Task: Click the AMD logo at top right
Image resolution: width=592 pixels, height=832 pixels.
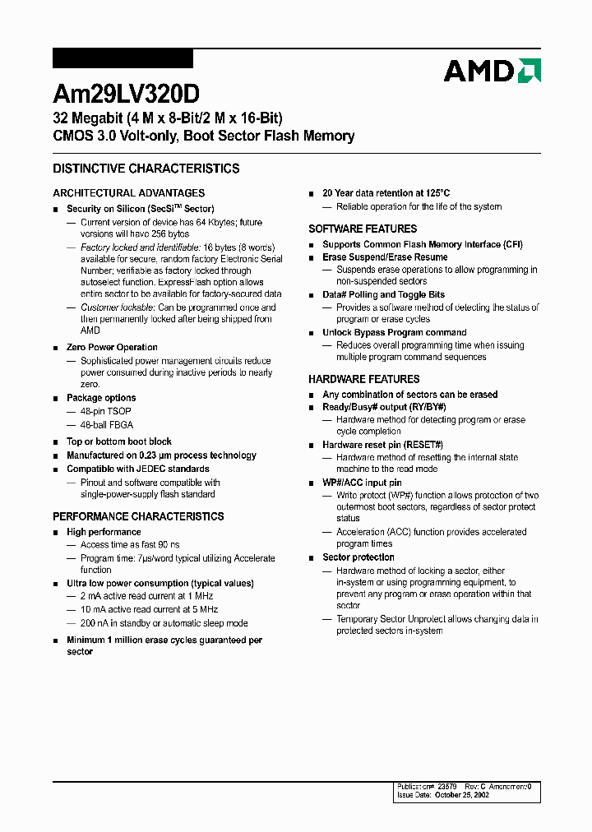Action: [x=492, y=71]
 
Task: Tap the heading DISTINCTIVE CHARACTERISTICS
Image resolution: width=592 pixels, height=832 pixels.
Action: [x=146, y=169]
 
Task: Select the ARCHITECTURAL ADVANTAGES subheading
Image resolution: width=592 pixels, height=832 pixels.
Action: [x=128, y=193]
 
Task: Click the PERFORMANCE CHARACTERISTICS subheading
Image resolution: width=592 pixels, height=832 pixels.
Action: [x=138, y=516]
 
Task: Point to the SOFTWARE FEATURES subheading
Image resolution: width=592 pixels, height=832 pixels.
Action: [x=363, y=229]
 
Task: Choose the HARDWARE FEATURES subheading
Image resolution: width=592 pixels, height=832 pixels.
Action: [x=363, y=379]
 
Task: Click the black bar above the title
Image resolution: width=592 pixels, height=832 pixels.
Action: [x=123, y=58]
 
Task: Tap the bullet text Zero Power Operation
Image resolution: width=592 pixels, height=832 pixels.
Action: [x=112, y=347]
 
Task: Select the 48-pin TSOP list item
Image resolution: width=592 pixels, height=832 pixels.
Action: [x=105, y=411]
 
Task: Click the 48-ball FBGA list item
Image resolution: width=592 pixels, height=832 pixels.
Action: [x=105, y=425]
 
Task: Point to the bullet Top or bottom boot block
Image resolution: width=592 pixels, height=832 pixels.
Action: [x=118, y=441]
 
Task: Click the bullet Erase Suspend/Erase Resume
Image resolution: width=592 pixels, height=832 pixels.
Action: [x=385, y=257]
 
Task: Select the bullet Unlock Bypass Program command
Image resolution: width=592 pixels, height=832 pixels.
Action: [x=394, y=333]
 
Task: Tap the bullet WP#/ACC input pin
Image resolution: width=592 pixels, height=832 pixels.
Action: [x=362, y=483]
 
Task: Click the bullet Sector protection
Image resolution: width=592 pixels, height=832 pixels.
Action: [x=358, y=557]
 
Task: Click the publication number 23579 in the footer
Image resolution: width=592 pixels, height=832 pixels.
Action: [x=447, y=786]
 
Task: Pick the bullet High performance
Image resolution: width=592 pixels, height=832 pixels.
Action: [x=104, y=532]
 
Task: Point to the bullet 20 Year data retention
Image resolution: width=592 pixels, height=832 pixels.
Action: [x=386, y=193]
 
